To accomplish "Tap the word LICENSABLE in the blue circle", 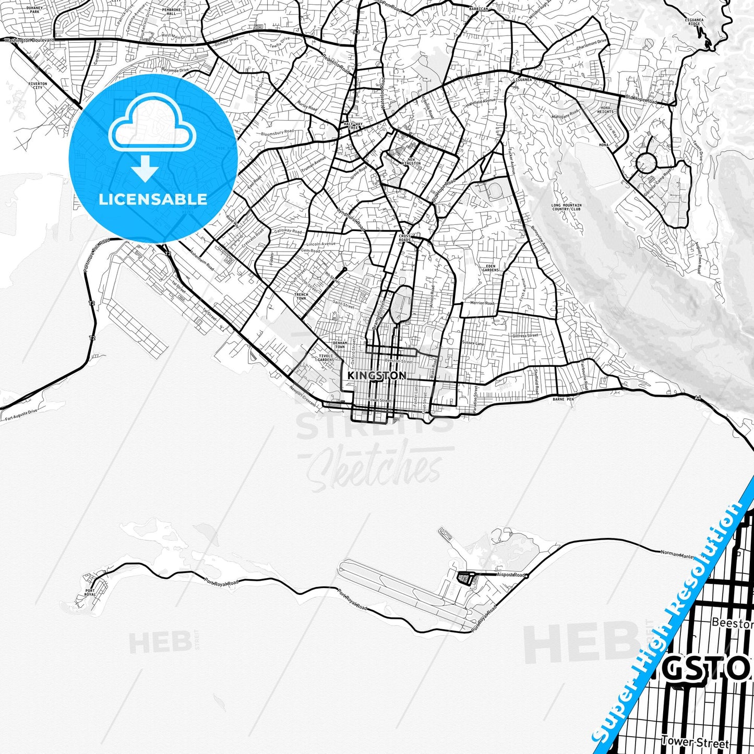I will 153,199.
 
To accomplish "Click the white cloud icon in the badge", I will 152,125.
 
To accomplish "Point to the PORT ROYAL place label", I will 90,593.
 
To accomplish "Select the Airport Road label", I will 510,575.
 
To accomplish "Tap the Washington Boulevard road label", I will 29,40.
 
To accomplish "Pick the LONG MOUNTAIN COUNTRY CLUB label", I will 566,207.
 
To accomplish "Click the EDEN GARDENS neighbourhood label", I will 490,268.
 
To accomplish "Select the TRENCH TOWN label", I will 301,296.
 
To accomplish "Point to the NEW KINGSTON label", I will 411,161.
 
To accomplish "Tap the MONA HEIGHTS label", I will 605,110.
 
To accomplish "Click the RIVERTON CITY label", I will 38,85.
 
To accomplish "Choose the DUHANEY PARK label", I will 34,9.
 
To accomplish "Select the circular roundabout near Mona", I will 646,163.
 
